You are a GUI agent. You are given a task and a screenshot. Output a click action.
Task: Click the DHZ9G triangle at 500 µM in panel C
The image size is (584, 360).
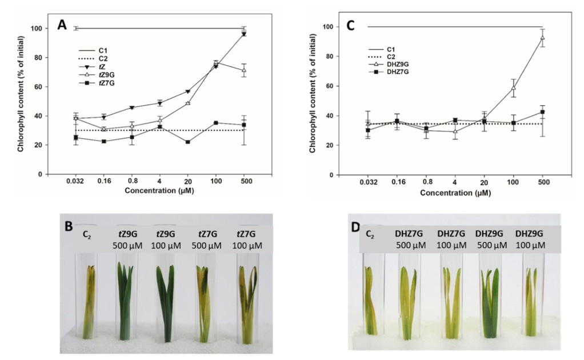pyautogui.click(x=542, y=37)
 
